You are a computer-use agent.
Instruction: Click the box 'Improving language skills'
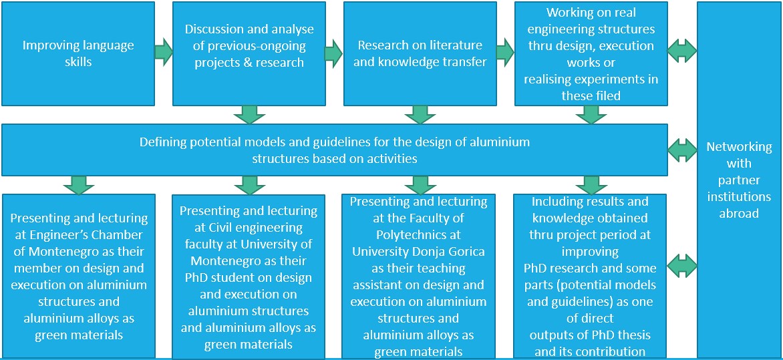click(78, 53)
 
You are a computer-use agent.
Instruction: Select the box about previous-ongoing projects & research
click(249, 53)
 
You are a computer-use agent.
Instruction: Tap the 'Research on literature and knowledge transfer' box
click(420, 53)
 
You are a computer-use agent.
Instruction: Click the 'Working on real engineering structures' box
click(591, 53)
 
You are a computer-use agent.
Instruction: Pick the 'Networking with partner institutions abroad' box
click(739, 180)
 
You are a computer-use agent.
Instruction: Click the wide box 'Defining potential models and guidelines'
click(334, 150)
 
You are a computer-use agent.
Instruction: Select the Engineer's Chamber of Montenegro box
click(79, 276)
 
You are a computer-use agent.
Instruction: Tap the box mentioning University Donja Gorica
click(419, 276)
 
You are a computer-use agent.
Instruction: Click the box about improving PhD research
click(591, 276)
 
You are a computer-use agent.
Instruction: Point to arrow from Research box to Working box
click(505, 49)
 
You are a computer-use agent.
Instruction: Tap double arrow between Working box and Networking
click(682, 49)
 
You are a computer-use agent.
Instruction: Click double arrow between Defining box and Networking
click(682, 149)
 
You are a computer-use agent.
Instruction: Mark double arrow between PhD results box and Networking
click(682, 266)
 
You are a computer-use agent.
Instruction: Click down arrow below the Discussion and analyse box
click(249, 114)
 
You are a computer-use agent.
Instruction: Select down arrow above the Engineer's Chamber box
click(79, 185)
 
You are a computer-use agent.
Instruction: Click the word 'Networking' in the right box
click(739, 147)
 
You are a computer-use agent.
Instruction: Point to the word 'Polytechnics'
click(419, 234)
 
